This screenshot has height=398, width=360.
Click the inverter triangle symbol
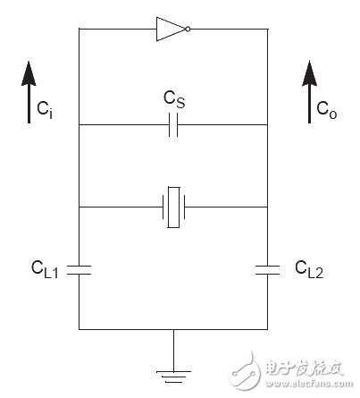click(x=169, y=29)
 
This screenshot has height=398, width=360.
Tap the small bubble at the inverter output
click(x=188, y=29)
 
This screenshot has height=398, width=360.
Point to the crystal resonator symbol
click(x=174, y=207)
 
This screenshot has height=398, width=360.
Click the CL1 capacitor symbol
click(x=80, y=267)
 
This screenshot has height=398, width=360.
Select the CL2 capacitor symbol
click(x=267, y=267)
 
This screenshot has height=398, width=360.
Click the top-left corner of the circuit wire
click(x=80, y=29)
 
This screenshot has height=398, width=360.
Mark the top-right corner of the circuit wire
click(x=267, y=29)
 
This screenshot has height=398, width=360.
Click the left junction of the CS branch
click(x=80, y=126)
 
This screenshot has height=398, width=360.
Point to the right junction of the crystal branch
click(x=267, y=207)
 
